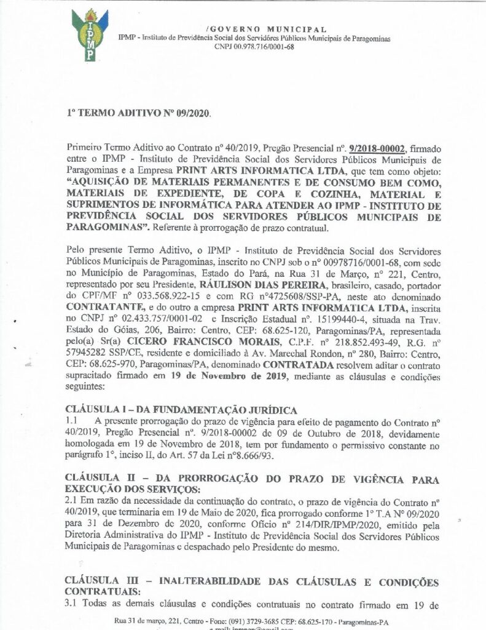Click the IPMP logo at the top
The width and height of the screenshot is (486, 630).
point(90,34)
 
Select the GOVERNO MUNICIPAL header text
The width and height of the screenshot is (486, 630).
point(266,29)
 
